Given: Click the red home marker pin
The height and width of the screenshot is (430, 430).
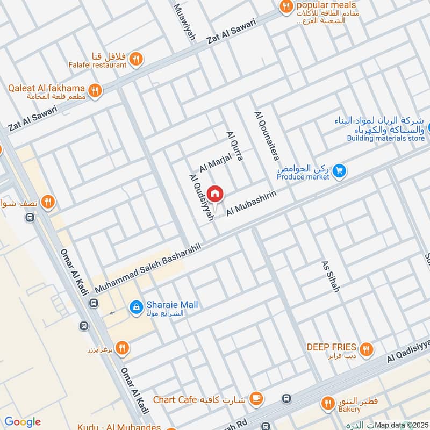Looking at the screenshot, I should tap(215, 193).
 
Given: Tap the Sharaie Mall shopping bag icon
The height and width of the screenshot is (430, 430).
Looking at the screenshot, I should tap(136, 306).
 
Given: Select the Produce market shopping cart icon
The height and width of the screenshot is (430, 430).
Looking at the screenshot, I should tap(339, 171).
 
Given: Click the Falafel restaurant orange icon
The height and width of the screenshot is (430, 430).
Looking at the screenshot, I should tap(136, 59).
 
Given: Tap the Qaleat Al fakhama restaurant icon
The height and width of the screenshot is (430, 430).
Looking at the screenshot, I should tap(96, 91).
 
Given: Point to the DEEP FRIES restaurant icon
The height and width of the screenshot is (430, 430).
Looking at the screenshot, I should tap(366, 349).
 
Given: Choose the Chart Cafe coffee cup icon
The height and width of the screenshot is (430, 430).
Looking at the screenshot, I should tap(257, 399).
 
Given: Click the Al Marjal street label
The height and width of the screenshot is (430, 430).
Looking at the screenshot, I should tap(215, 161).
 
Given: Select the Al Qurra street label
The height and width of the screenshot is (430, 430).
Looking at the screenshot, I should tap(235, 146).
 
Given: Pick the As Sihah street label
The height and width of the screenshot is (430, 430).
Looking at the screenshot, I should tap(331, 277).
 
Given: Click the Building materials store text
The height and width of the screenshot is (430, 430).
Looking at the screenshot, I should tap(385, 138).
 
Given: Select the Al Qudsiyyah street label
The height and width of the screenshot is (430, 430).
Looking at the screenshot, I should tap(202, 196).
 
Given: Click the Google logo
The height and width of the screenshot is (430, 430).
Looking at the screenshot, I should tap(22, 422).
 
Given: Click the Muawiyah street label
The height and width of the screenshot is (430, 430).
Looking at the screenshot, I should tap(184, 24).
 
